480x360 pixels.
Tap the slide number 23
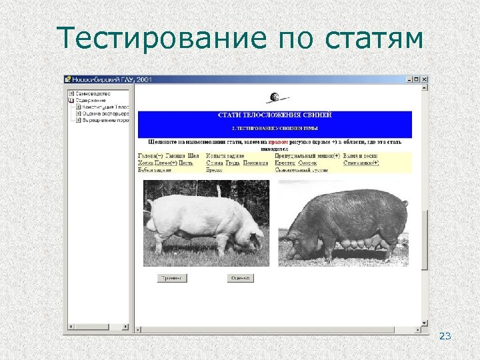pyautogui.click(x=445, y=336)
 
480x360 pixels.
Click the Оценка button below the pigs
pyautogui.click(x=240, y=278)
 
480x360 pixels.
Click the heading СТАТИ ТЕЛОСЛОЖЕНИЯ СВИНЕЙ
pyautogui.click(x=275, y=115)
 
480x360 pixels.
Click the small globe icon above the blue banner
pyautogui.click(x=273, y=99)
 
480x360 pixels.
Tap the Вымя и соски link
pyautogui.click(x=361, y=155)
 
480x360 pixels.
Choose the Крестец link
pyautogui.click(x=285, y=163)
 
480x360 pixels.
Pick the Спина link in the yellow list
pyautogui.click(x=215, y=163)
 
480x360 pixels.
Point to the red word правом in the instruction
pyautogui.click(x=279, y=142)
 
